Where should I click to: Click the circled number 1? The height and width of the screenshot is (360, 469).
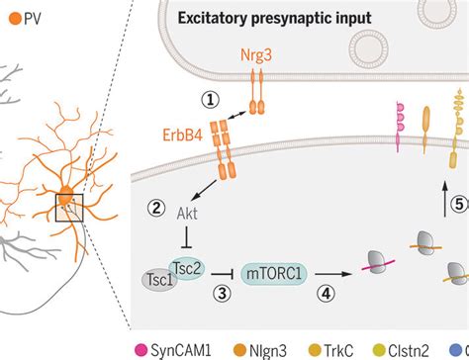pos(212,98)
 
